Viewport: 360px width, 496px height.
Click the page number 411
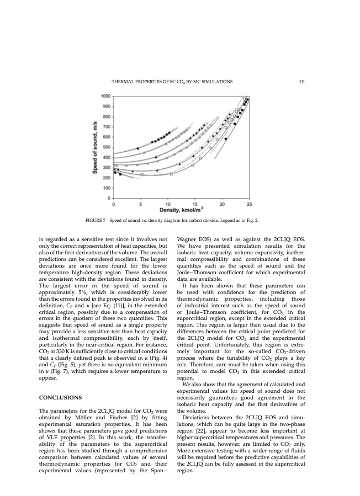(301, 82)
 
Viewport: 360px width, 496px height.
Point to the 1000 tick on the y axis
(105, 97)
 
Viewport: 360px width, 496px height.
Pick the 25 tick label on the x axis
(249, 204)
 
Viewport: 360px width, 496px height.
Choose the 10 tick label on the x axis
(168, 204)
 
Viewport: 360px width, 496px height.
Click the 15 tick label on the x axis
(195, 204)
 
